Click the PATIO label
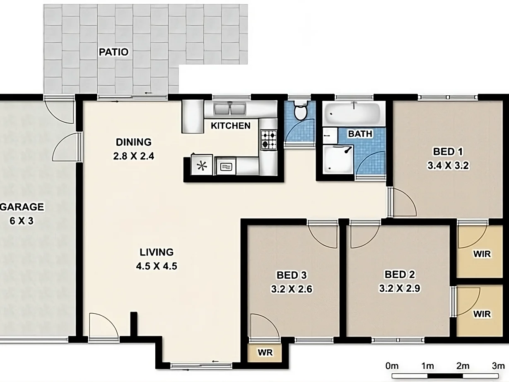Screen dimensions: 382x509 tap(113, 52)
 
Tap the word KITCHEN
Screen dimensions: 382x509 tap(231, 126)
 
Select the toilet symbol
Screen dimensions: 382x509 tap(299, 111)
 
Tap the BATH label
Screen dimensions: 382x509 tap(360, 134)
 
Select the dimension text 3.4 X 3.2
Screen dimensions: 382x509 tap(448, 166)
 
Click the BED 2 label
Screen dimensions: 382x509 tap(400, 274)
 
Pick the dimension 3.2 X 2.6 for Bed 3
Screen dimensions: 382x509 tap(292, 289)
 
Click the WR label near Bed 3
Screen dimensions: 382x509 tap(265, 353)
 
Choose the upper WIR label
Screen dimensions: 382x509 tap(482, 254)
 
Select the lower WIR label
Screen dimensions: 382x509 tap(482, 314)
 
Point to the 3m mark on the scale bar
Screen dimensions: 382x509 tap(498, 366)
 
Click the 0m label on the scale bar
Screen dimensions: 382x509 tap(392, 366)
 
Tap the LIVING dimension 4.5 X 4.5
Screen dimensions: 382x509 tap(157, 266)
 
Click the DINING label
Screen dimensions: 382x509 tap(133, 143)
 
